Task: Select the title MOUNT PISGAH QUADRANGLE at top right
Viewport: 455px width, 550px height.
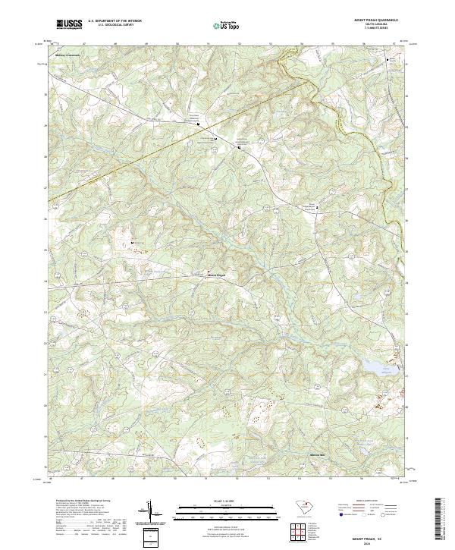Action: (x=377, y=20)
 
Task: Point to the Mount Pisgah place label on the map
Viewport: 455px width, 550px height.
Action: (x=216, y=275)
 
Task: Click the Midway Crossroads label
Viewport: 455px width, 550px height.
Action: (x=67, y=55)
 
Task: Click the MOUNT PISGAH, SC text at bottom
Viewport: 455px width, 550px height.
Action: (x=377, y=536)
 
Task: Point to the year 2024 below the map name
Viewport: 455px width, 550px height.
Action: (x=377, y=541)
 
